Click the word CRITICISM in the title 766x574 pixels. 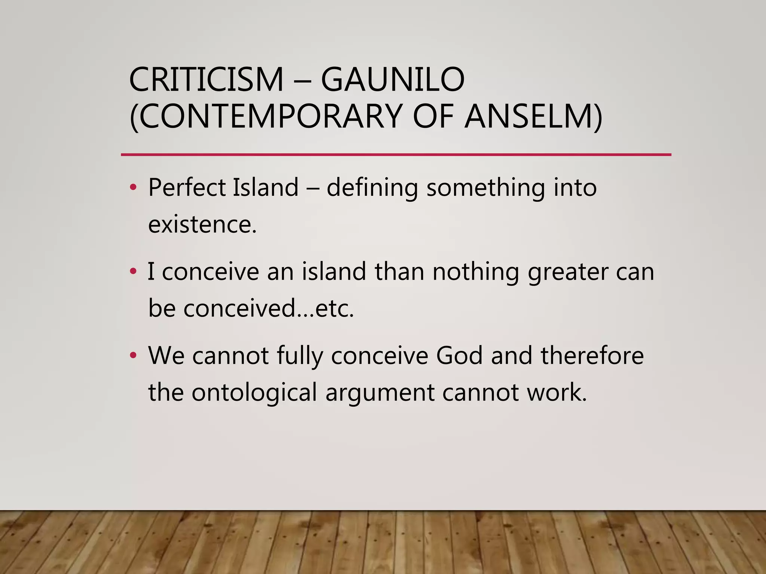206,80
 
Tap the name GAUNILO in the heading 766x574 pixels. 393,80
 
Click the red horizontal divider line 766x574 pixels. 396,154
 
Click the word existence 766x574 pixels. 202,225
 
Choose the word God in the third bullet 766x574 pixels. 459,355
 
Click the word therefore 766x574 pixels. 592,355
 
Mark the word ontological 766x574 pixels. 254,393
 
